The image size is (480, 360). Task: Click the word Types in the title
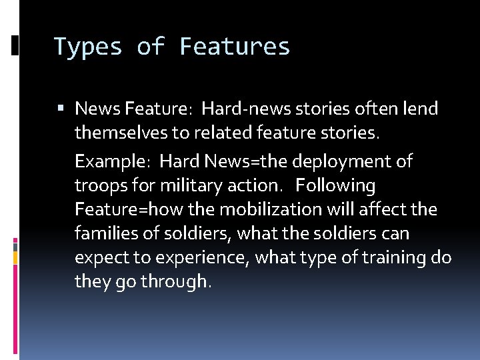(x=87, y=47)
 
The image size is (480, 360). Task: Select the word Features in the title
(x=235, y=47)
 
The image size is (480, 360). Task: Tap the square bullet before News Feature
(x=61, y=108)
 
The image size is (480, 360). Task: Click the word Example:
(x=113, y=161)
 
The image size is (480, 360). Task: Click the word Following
(x=336, y=185)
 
